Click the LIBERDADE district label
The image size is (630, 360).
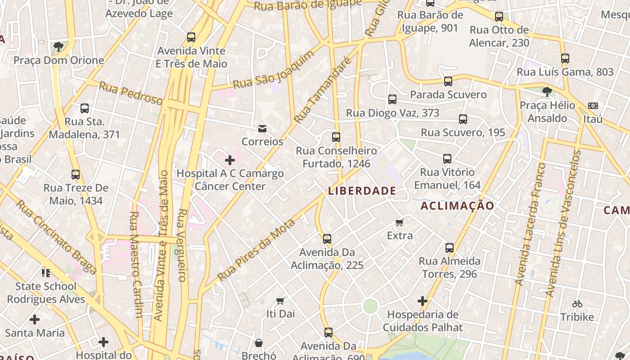[x=362, y=191]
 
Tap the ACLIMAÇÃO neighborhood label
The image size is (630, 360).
[x=457, y=206]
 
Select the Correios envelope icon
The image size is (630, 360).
[x=262, y=129]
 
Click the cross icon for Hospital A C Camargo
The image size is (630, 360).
[x=230, y=160]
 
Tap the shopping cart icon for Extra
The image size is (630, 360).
[x=399, y=222]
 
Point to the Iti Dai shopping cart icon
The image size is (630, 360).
[x=280, y=301]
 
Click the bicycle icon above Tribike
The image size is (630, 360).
[x=577, y=304]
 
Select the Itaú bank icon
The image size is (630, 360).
[x=593, y=106]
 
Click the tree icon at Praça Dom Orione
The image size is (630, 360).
[x=58, y=46]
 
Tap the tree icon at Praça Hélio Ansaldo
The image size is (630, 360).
[x=547, y=92]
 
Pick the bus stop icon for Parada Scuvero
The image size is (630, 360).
[x=448, y=81]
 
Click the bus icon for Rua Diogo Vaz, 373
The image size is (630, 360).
[x=392, y=99]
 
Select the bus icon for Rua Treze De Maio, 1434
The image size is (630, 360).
[x=76, y=174]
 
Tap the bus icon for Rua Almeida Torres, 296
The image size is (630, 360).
[x=449, y=248]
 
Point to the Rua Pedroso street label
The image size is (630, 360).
[x=130, y=93]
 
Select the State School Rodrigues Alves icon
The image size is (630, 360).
[x=45, y=273]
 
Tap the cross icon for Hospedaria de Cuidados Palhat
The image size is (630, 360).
[x=422, y=301]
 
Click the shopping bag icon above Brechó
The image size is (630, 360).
[x=259, y=343]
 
